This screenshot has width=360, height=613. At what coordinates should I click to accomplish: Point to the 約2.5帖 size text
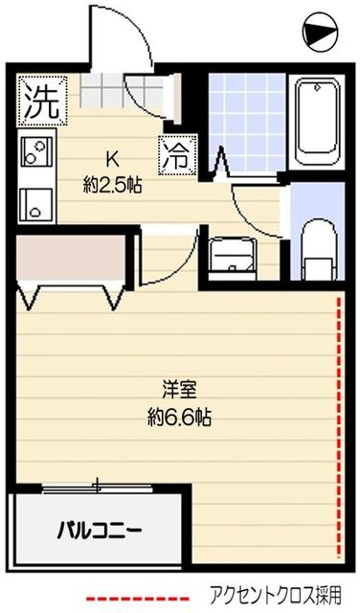(112, 185)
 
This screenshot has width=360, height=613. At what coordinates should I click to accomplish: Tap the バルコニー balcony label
(99, 528)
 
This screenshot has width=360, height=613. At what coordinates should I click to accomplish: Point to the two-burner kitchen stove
(35, 153)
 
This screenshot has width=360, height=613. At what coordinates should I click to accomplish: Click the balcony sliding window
(96, 488)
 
